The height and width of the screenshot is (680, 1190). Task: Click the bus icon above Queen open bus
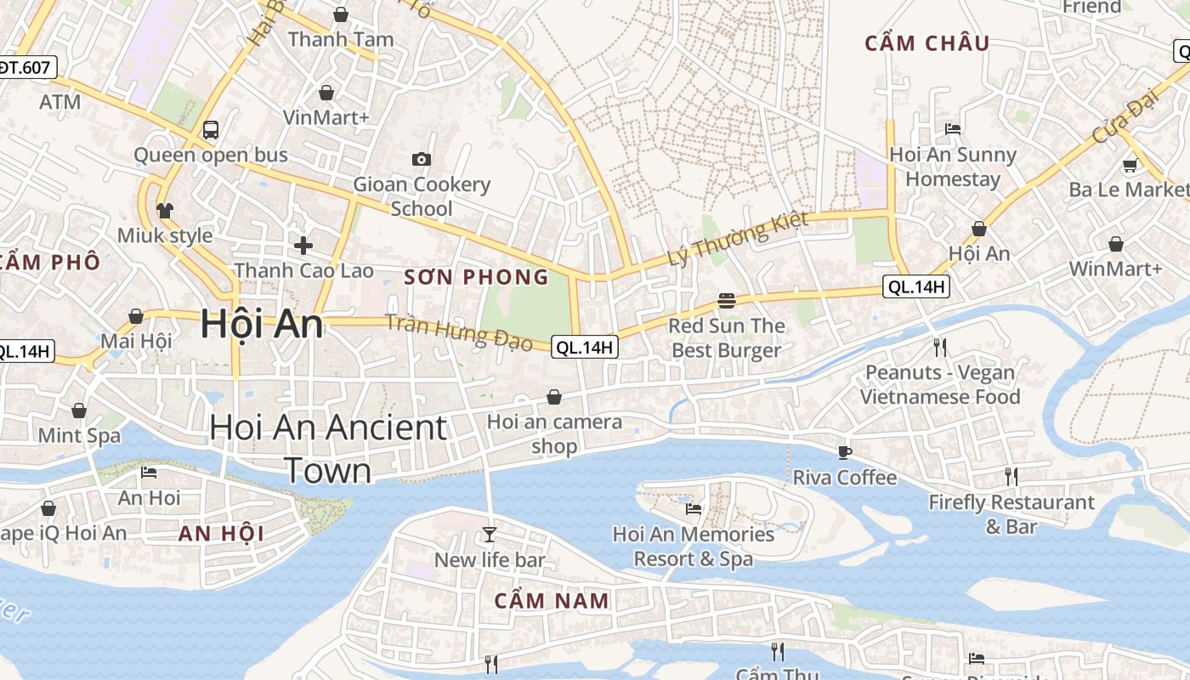pyautogui.click(x=211, y=130)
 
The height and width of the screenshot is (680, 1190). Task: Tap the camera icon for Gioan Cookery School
pyautogui.click(x=421, y=159)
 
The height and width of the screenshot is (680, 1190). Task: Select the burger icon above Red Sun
pyautogui.click(x=726, y=300)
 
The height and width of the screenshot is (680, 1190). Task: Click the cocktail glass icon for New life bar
pyautogui.click(x=490, y=535)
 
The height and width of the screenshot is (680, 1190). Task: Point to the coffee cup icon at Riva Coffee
pyautogui.click(x=844, y=452)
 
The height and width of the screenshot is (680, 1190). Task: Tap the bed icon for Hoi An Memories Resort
pyautogui.click(x=694, y=509)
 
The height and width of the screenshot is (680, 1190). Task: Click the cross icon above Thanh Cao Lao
pyautogui.click(x=303, y=246)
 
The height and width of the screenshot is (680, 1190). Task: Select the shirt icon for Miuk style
pyautogui.click(x=165, y=210)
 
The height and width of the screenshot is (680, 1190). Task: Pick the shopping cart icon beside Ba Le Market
pyautogui.click(x=1130, y=166)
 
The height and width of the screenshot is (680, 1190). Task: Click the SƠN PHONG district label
pyautogui.click(x=476, y=277)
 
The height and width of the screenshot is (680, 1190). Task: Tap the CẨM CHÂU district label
pyautogui.click(x=927, y=43)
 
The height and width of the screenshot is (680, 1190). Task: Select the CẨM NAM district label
pyautogui.click(x=552, y=601)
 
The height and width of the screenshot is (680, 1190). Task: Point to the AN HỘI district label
pyautogui.click(x=221, y=534)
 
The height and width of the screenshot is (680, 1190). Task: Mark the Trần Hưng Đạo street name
pyautogui.click(x=459, y=332)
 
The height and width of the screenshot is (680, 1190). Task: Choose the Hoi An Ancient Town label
pyautogui.click(x=328, y=448)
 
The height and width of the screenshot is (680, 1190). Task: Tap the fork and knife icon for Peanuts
pyautogui.click(x=939, y=347)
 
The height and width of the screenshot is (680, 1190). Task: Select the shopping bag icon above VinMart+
pyautogui.click(x=326, y=92)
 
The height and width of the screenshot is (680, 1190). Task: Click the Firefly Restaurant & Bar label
pyautogui.click(x=1011, y=514)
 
